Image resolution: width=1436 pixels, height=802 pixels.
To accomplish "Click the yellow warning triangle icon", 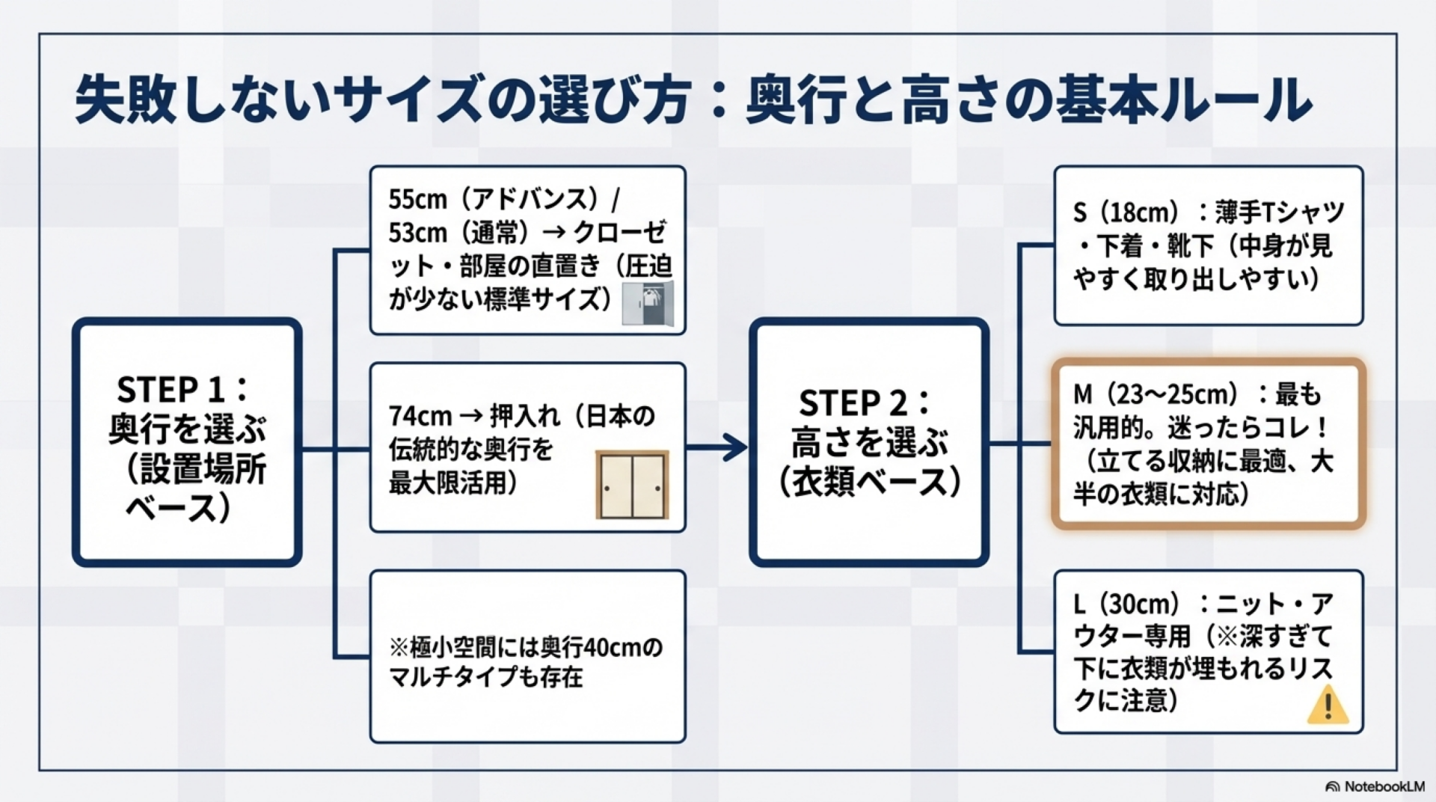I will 1328,706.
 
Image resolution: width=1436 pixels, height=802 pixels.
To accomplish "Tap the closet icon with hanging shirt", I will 648,304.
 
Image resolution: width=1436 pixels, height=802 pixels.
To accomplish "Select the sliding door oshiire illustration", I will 632,485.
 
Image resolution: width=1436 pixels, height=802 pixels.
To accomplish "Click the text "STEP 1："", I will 183,390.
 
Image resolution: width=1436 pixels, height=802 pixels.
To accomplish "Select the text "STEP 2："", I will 865,403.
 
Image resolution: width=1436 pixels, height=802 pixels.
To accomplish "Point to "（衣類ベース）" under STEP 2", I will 869,483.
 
